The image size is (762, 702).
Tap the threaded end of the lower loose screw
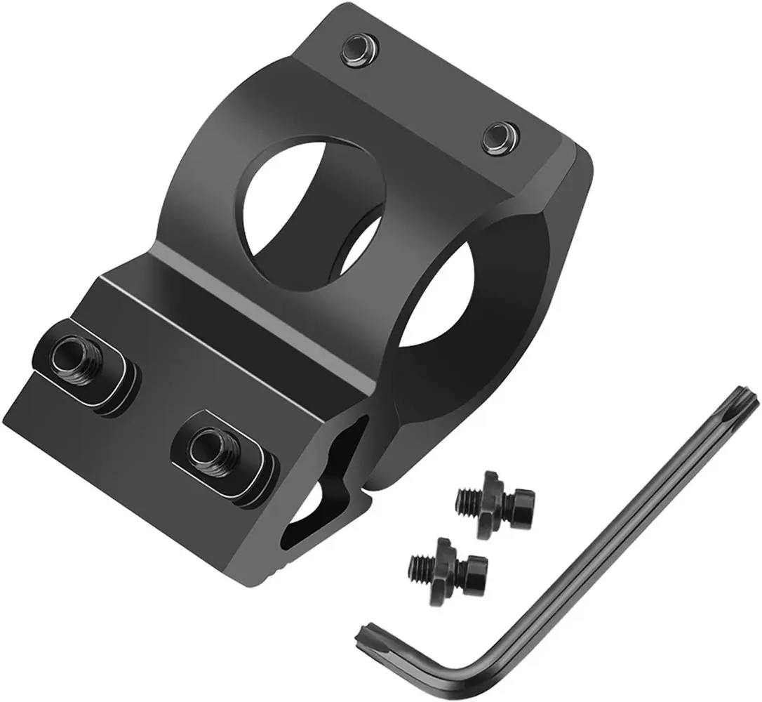coord(420,563)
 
